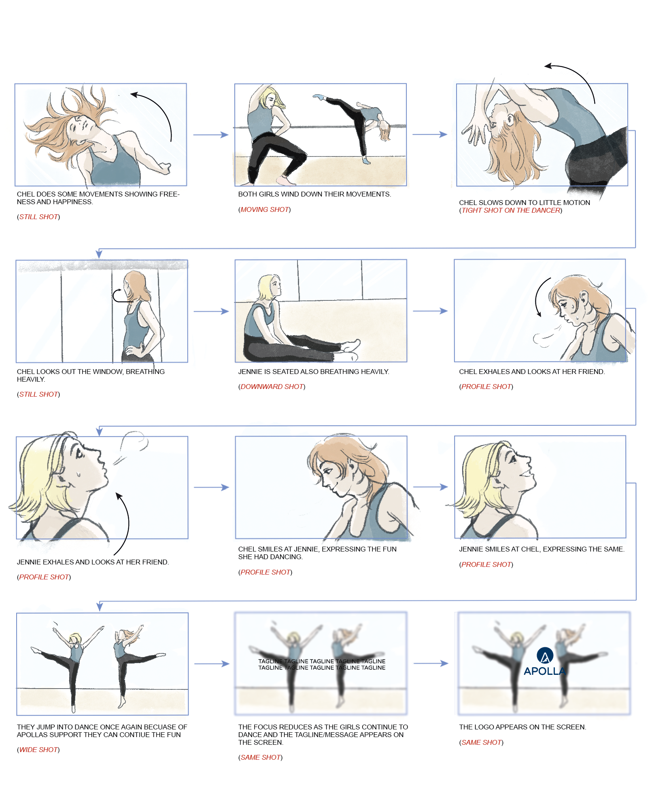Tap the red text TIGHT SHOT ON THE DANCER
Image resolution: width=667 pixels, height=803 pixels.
point(511,210)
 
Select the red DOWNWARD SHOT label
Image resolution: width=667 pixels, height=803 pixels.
point(272,387)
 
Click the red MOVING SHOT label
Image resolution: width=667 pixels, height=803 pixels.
point(265,209)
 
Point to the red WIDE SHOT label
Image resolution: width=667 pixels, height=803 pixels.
point(38,750)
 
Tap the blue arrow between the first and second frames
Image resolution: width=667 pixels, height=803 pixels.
point(210,135)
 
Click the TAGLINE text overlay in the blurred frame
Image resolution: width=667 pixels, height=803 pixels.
point(322,664)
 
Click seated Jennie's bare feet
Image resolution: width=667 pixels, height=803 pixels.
point(350,348)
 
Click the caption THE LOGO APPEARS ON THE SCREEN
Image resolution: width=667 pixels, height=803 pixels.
point(522,727)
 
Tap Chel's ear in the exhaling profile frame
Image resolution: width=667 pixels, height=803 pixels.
point(583,298)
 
